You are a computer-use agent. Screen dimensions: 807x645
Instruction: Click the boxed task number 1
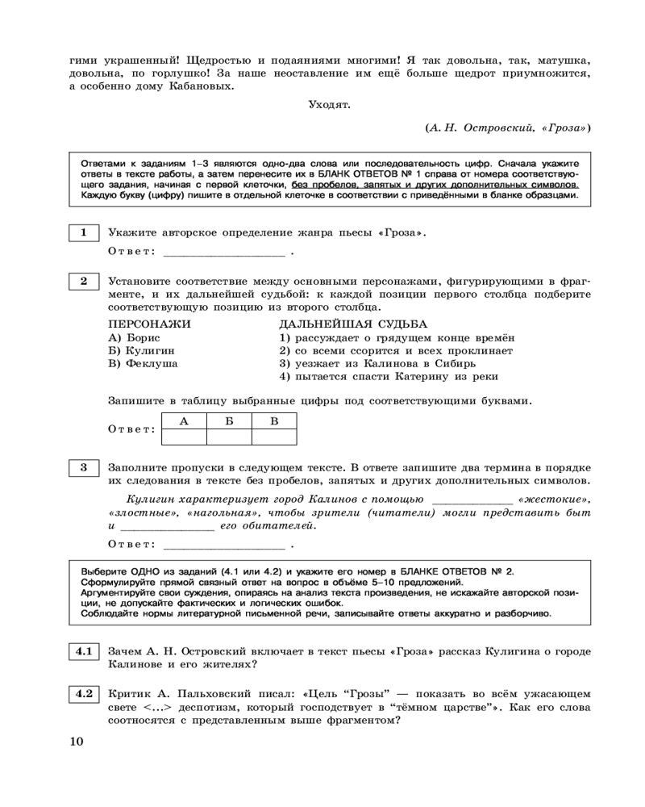click(82, 233)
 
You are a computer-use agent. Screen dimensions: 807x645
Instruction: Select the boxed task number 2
click(82, 282)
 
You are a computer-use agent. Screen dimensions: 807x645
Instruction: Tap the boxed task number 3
click(82, 467)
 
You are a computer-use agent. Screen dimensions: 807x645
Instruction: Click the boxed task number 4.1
click(82, 650)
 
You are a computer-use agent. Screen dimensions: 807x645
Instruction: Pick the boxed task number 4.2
click(82, 692)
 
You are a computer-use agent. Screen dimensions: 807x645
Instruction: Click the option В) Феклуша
click(143, 363)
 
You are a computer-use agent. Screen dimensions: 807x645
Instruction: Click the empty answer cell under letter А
click(185, 437)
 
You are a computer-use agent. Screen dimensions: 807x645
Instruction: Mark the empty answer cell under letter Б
click(229, 437)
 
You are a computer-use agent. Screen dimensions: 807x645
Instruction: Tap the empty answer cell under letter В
click(274, 437)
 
